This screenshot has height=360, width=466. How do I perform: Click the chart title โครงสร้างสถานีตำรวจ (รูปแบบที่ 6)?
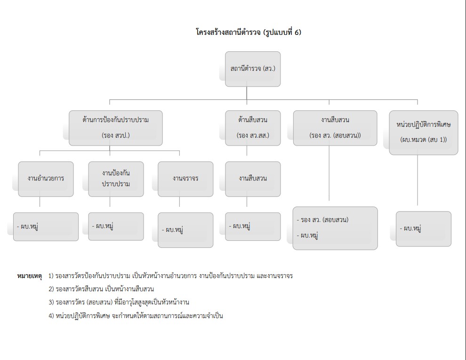(248, 33)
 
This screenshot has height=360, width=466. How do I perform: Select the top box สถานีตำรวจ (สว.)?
(253, 69)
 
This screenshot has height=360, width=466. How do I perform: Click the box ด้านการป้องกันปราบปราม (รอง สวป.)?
(115, 127)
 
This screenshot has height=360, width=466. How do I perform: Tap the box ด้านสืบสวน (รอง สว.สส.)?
(253, 127)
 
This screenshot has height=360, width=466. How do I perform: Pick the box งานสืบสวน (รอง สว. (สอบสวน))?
(335, 127)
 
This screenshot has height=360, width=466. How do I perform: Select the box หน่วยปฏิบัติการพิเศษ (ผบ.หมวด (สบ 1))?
(424, 132)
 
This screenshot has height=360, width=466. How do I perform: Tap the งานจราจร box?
(185, 179)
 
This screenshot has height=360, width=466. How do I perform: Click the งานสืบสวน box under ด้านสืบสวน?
(253, 179)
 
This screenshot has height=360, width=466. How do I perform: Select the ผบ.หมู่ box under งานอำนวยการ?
(46, 227)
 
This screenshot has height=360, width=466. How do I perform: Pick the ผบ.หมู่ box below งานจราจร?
(185, 230)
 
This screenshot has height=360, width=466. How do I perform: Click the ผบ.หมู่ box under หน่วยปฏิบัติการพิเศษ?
(424, 229)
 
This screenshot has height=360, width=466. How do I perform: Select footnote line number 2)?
(101, 289)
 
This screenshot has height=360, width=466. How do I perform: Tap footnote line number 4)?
(136, 316)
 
